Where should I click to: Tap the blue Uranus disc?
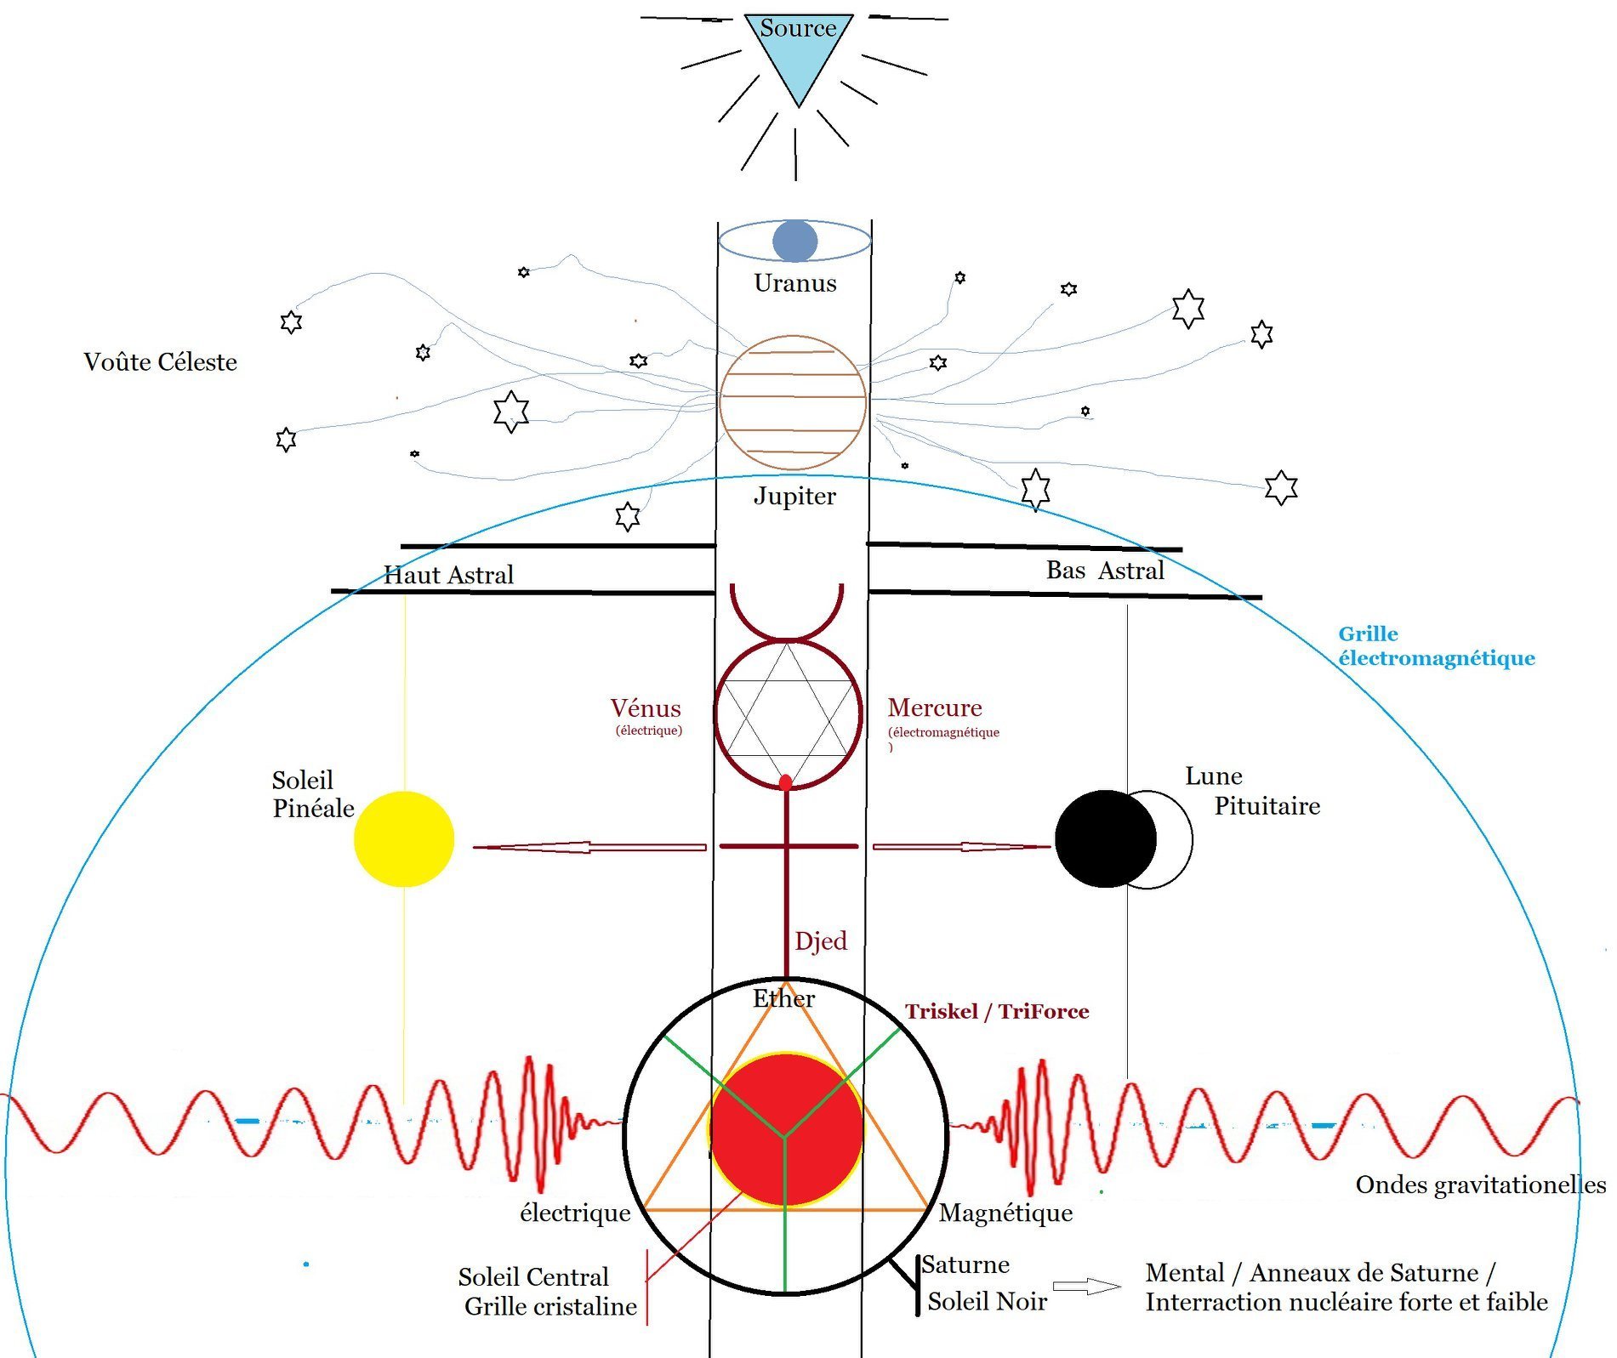click(795, 241)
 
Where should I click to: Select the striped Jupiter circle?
click(793, 402)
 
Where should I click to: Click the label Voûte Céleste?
click(160, 362)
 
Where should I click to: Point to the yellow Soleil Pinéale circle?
click(404, 838)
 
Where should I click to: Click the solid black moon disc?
click(1105, 838)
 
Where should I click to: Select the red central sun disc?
click(786, 1129)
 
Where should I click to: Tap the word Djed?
click(821, 941)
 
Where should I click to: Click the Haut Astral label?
click(448, 575)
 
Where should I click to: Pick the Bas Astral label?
click(1105, 570)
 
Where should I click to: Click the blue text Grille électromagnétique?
click(1437, 645)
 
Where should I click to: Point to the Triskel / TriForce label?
click(997, 1011)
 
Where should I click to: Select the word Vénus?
click(646, 708)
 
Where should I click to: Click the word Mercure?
click(935, 707)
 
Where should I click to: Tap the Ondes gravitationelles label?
click(1481, 1185)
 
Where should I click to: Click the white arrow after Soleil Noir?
click(1087, 1287)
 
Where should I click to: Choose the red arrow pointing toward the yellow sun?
click(589, 847)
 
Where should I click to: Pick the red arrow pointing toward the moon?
click(962, 847)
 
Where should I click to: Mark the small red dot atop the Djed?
click(786, 781)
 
